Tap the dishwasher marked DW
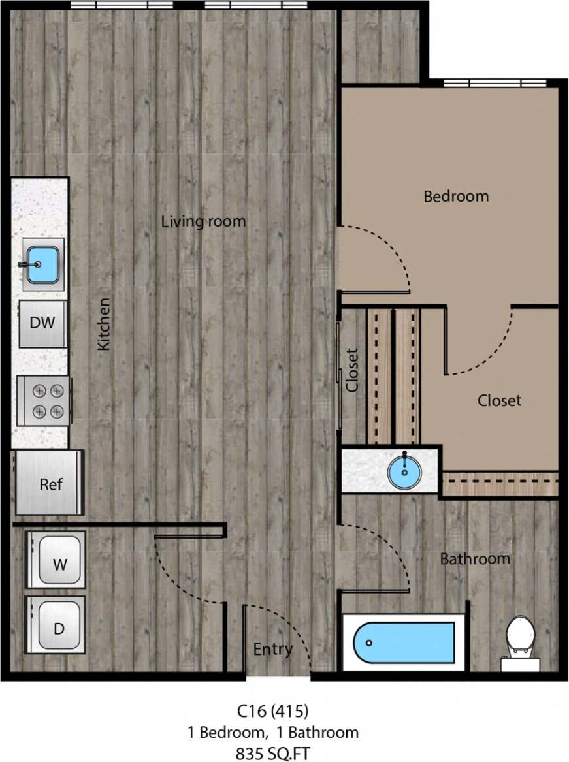pos(42,323)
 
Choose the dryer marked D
pos(58,628)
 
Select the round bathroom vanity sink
pos(405,469)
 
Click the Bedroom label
pos(456,196)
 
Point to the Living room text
pos(203,221)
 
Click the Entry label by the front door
pos(272,650)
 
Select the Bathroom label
pos(474,559)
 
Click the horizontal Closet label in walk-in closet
pos(499,400)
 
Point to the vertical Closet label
pos(352,370)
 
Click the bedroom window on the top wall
pos(495,83)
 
